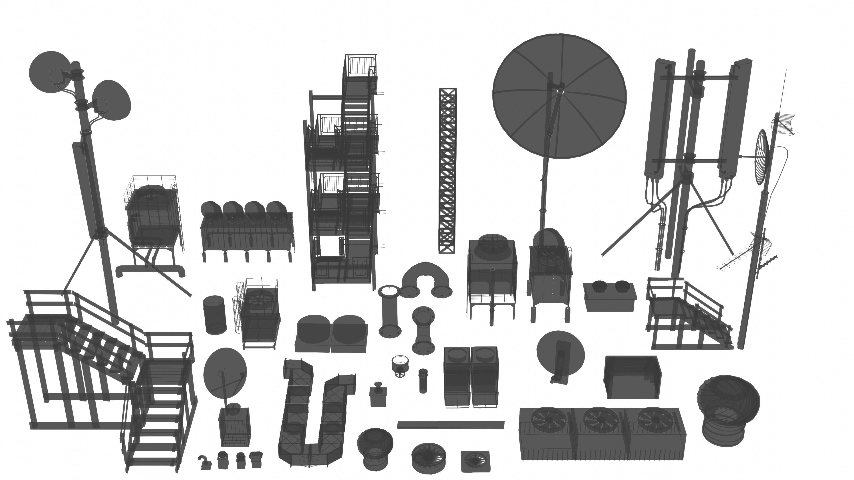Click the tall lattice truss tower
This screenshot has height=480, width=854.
(447, 171)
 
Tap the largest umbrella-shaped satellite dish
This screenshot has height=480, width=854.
(559, 96)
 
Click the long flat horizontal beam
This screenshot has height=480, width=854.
(451, 425)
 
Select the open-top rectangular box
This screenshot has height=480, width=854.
(632, 377)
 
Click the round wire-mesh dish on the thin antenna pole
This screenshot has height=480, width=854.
(761, 157)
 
